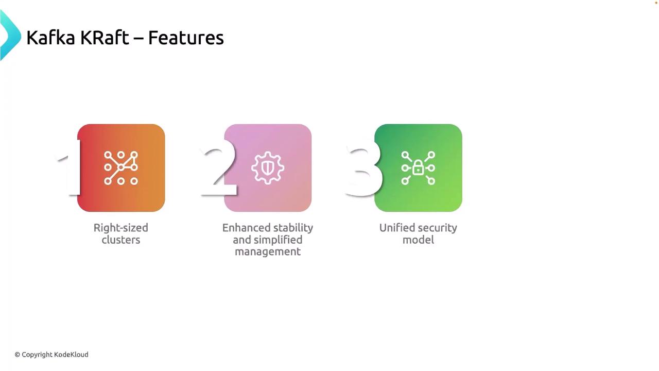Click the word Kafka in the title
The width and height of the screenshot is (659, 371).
point(50,38)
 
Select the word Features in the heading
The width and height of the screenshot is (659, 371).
point(186,38)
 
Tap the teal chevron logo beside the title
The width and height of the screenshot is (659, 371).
point(10,35)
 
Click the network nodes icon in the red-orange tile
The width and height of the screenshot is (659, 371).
point(121,168)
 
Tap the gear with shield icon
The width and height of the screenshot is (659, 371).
point(268,168)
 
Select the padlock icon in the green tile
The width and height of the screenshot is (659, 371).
point(418,168)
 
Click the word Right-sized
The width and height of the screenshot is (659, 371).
point(121,228)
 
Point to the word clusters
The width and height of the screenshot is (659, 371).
point(121,240)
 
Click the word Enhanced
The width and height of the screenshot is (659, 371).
point(246,228)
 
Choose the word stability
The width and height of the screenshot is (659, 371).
point(293,228)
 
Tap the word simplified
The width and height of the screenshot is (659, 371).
point(278,240)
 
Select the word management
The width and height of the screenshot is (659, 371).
point(268,252)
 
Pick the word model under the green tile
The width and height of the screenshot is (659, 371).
point(419,240)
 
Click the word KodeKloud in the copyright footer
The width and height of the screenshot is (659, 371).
point(71,355)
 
